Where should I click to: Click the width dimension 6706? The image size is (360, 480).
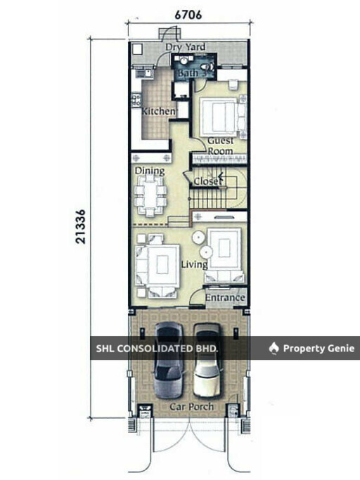(188, 14)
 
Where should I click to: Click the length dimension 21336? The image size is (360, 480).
(81, 226)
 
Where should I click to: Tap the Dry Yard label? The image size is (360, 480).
(186, 47)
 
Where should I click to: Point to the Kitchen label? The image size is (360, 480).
(159, 111)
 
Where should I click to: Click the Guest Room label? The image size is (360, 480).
(220, 145)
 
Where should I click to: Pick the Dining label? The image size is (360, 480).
(150, 171)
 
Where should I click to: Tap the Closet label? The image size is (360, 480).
(207, 181)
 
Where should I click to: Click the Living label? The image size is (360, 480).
(194, 264)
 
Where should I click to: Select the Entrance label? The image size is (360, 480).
(225, 297)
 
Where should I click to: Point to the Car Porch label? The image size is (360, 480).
(191, 406)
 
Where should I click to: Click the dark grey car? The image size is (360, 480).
(169, 361)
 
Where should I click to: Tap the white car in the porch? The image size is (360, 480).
(207, 361)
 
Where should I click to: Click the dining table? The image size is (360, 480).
(150, 195)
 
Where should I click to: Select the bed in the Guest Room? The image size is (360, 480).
(219, 117)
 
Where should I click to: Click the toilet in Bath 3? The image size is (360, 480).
(207, 67)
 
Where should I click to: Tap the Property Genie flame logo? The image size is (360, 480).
(274, 348)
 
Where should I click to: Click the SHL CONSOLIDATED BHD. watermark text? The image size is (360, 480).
(157, 349)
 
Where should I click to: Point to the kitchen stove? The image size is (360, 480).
(136, 100)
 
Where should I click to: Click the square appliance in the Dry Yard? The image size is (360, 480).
(138, 49)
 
